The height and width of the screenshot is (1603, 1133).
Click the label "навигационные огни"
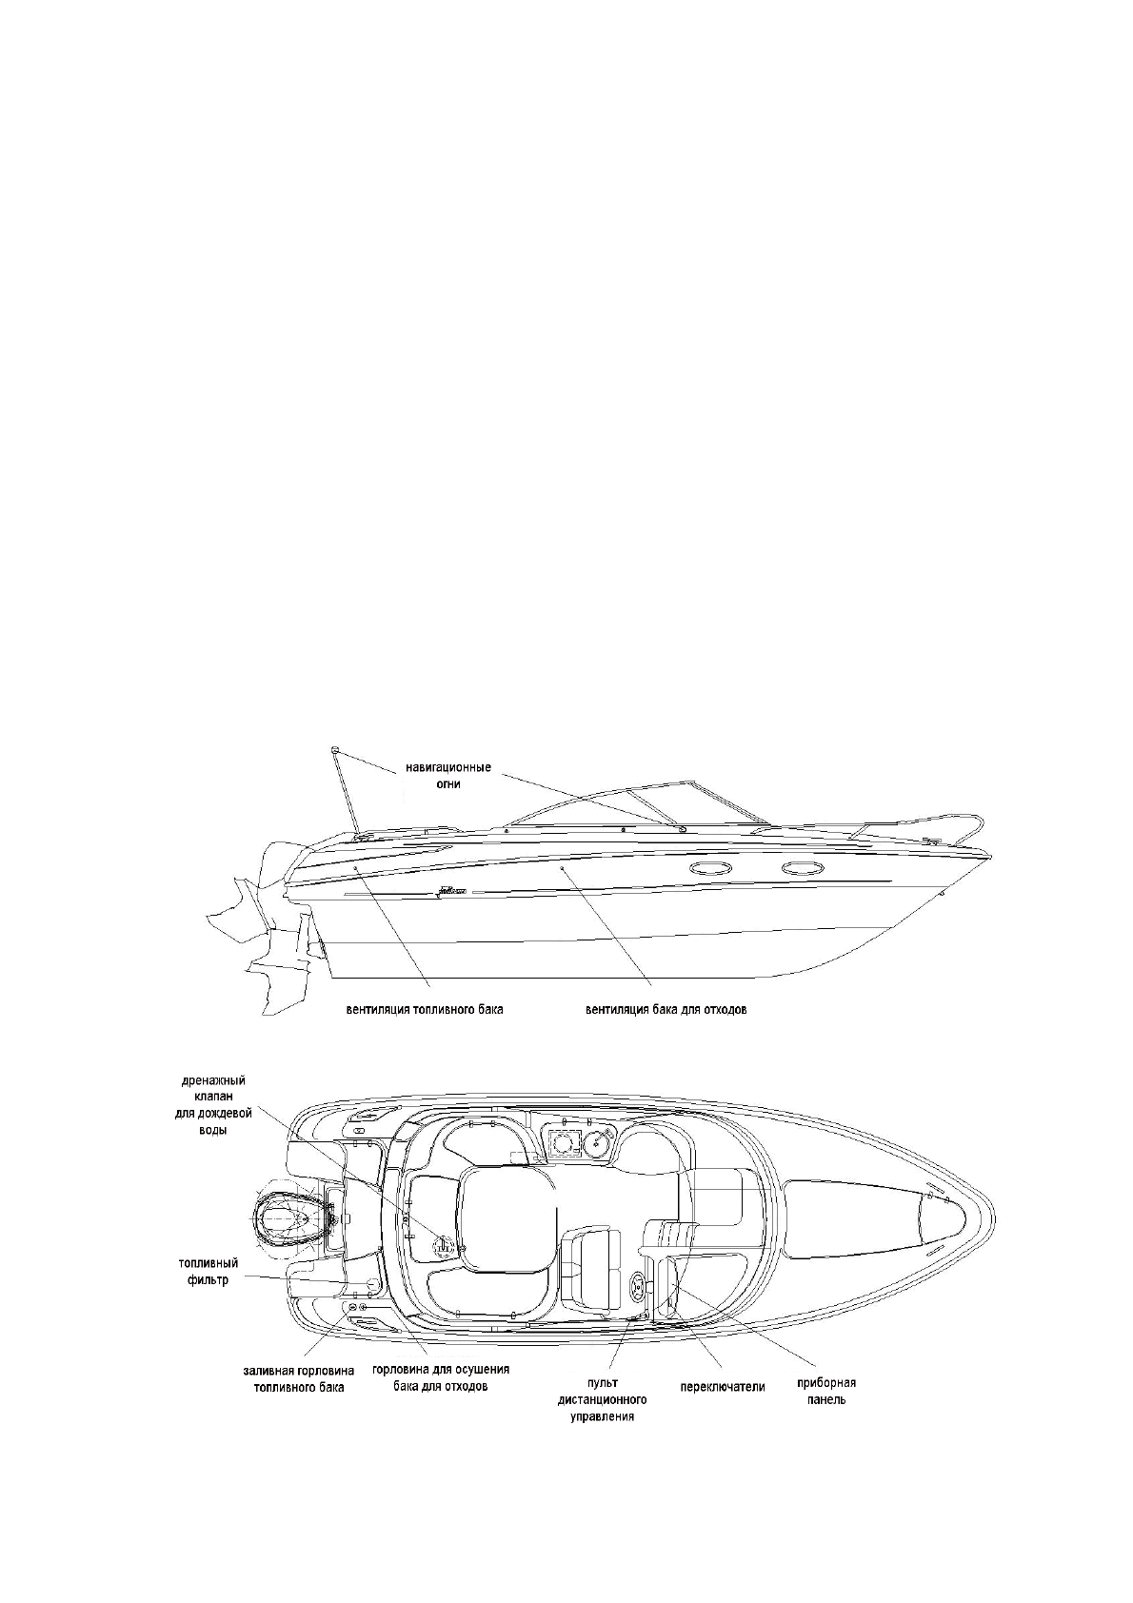[447, 776]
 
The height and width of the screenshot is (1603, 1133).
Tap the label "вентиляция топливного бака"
[424, 1009]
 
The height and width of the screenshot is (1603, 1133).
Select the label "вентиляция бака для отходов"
[666, 1009]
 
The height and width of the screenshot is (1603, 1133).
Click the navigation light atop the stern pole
[335, 751]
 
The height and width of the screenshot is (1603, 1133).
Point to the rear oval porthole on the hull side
[707, 868]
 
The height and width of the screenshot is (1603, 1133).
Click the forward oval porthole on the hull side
[798, 868]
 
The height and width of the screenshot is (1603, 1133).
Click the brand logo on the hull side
[447, 893]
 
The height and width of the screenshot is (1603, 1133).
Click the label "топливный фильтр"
[208, 1272]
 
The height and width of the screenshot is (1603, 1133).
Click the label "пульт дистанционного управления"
[602, 1399]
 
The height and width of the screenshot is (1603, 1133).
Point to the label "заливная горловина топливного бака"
[298, 1378]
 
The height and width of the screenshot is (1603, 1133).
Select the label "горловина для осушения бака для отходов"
[441, 1378]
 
